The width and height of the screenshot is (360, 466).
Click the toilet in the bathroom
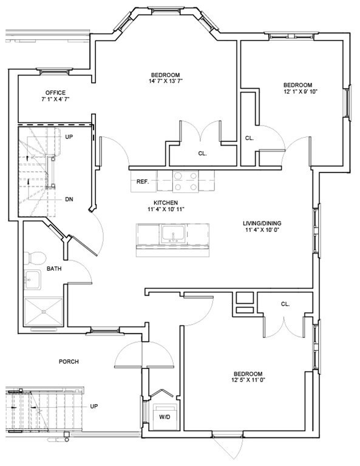coord(35,258)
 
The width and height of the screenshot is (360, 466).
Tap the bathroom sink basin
coord(32,280)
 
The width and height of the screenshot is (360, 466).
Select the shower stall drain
coord(44,312)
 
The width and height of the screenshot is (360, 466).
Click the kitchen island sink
coord(173,234)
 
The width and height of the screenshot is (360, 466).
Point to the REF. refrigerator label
coord(143,181)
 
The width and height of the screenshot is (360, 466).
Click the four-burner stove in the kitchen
coord(186,181)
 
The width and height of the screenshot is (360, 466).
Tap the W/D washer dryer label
coord(165,417)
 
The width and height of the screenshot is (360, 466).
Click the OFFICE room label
coord(55,93)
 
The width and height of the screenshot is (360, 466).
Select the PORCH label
coord(69,362)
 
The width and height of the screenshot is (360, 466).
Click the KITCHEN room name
coord(166,203)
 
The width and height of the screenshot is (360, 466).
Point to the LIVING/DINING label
coord(262,223)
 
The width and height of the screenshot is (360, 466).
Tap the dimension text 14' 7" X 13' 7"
coord(166,81)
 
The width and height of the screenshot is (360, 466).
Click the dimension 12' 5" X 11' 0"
coord(248,380)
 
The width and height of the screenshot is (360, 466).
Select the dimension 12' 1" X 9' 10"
coord(301,92)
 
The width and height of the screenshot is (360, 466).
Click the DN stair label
coord(69,199)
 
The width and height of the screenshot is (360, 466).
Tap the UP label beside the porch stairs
coord(94,406)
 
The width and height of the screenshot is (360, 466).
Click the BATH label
coord(54,269)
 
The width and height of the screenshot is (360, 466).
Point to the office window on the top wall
coord(55,71)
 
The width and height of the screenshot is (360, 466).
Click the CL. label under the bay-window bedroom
coord(202,154)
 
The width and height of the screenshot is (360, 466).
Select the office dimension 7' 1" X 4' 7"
coord(55,100)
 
